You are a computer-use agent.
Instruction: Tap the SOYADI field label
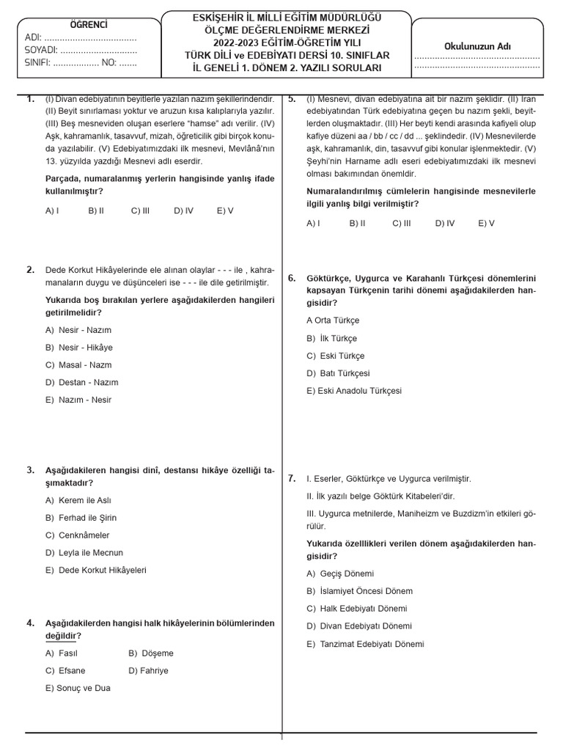click(42, 51)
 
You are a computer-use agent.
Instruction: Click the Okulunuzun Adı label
click(477, 46)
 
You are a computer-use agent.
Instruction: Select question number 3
click(31, 470)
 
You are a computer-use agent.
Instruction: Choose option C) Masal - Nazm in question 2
click(78, 365)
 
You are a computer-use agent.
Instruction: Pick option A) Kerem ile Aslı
click(78, 500)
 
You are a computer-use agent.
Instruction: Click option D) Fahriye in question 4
click(148, 671)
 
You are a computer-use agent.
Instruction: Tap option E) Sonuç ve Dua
click(78, 689)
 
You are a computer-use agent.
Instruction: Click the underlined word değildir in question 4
click(63, 636)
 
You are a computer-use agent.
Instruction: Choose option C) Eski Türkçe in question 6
click(335, 356)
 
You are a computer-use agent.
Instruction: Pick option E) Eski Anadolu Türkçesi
click(354, 391)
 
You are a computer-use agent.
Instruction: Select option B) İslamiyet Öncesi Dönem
click(359, 591)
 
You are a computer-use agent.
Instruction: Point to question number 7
click(292, 478)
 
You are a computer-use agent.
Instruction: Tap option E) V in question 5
click(486, 223)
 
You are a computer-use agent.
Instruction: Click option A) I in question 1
click(52, 210)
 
